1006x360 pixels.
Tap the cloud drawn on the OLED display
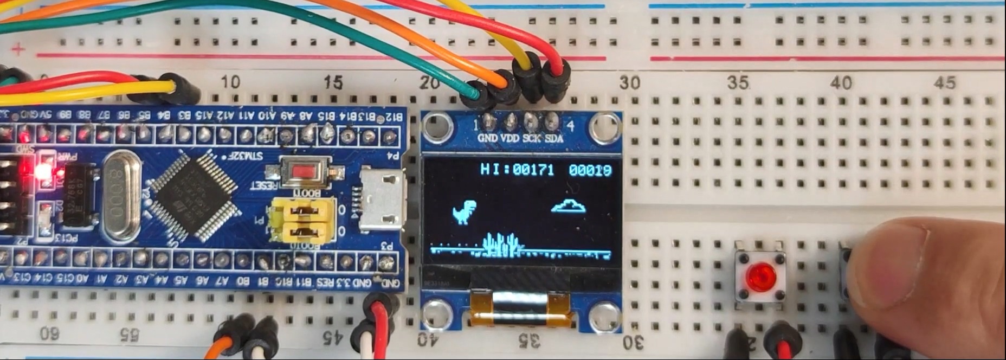point(568,206)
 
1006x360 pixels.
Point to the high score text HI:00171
point(517,170)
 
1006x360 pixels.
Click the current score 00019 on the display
point(590,170)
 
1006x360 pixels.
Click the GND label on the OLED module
point(487,139)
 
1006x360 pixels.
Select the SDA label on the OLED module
point(553,139)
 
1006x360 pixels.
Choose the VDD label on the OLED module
point(510,139)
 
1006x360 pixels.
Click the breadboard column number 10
point(230,82)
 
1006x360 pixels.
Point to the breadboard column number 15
point(333,82)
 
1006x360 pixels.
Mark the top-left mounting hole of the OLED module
point(437,126)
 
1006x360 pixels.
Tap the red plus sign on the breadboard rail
point(18,50)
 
